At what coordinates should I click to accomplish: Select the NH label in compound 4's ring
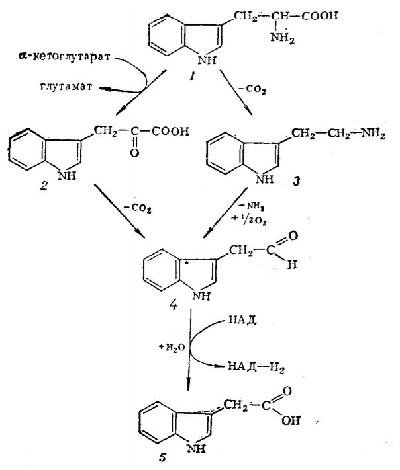181,297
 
